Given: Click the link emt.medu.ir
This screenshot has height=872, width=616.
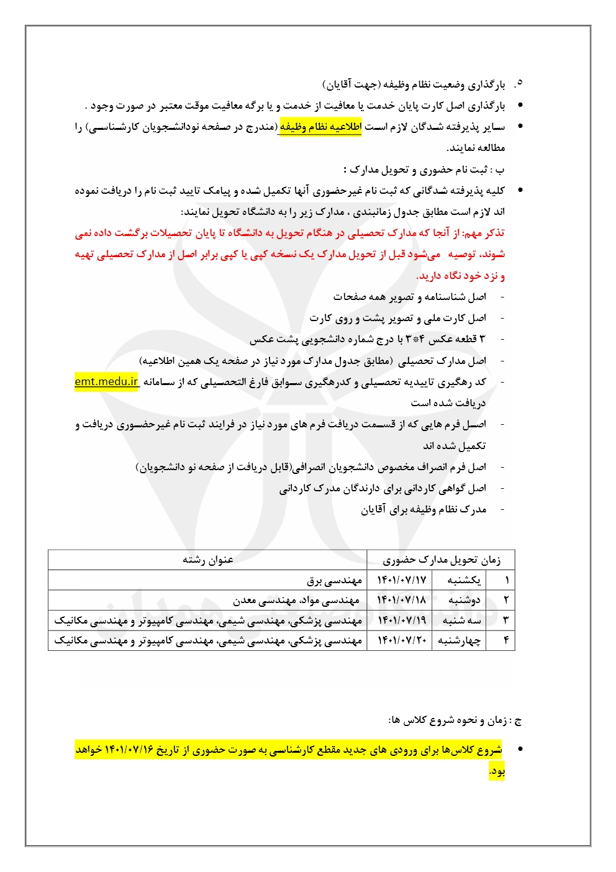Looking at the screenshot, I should point(106,381).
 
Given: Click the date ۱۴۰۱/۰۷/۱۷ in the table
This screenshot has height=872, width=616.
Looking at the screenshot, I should point(402,580).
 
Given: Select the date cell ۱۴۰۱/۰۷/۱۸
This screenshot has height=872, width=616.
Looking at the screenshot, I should point(402,600).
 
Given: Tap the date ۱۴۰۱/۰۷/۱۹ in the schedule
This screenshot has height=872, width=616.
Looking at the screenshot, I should point(402,620).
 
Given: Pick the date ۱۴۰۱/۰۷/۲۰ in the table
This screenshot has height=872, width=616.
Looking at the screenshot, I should point(402,640).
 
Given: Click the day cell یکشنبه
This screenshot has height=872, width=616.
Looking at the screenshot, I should point(464,580).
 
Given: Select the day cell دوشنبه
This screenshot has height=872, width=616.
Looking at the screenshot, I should point(464,600).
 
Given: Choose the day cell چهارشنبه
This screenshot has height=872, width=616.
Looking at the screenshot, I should point(460,640).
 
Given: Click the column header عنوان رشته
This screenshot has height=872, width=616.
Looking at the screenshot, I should point(207,560).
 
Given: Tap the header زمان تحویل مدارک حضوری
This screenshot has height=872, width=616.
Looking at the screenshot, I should point(441,560).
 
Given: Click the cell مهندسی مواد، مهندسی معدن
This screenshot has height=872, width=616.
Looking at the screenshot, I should point(296,600).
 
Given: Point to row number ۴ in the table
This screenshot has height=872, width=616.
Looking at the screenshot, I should point(506,640).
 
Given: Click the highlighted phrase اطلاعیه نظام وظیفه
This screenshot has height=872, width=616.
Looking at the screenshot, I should point(320,127).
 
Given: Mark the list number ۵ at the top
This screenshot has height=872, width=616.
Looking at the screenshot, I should point(519,83).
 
